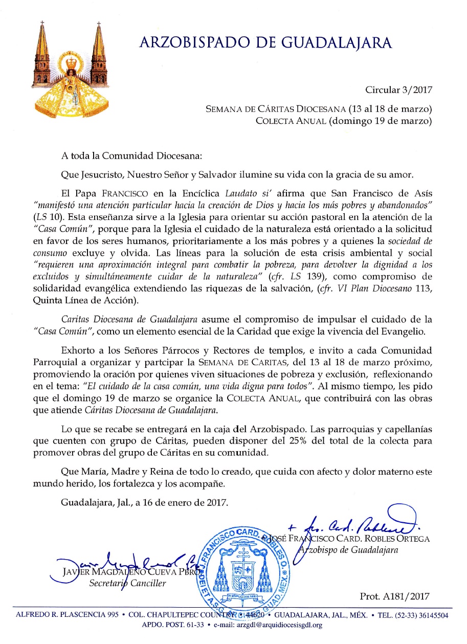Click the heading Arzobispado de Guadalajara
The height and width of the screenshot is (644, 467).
(x=265, y=42)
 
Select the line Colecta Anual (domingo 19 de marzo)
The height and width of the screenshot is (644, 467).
(x=344, y=121)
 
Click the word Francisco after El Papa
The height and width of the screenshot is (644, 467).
(x=133, y=194)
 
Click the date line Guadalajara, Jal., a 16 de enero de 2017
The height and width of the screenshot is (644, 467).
(x=144, y=502)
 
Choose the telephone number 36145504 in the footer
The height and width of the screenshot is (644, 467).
(x=431, y=615)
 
